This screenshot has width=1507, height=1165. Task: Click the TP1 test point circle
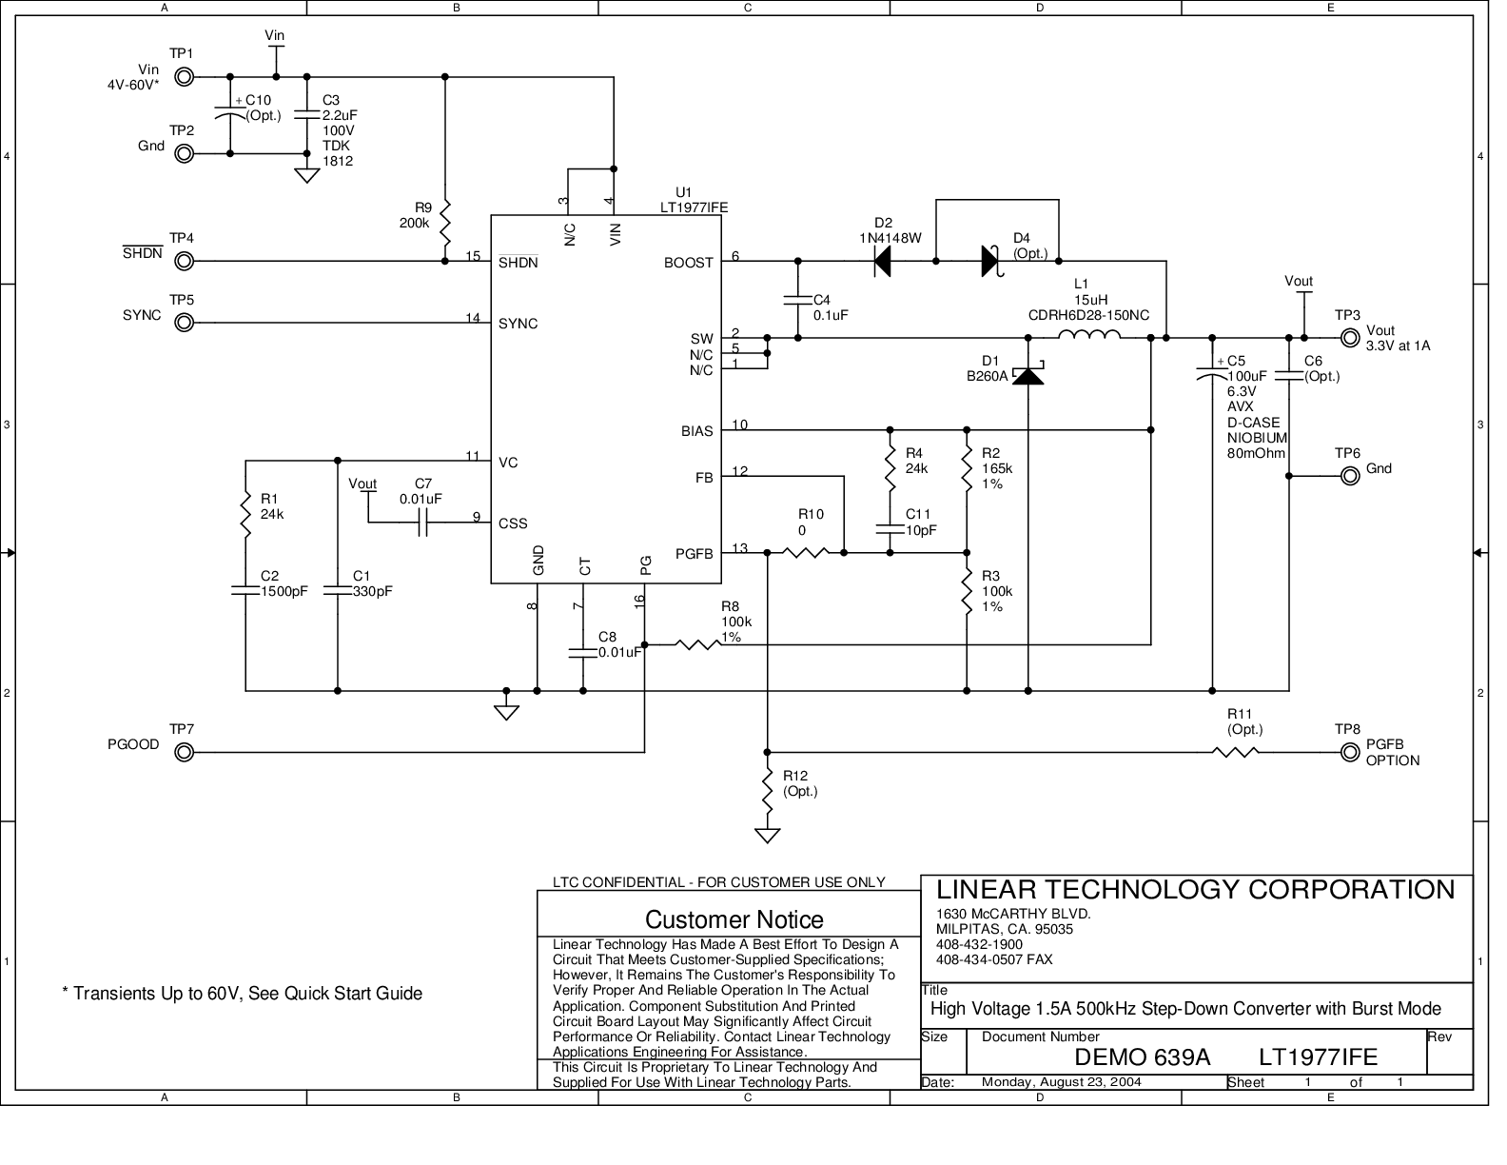click(186, 77)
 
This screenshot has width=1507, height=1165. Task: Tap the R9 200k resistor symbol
click(445, 222)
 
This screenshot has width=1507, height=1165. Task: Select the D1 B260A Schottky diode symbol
click(1027, 375)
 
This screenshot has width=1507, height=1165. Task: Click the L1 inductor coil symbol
click(1089, 335)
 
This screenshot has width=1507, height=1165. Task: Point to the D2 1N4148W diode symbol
click(882, 260)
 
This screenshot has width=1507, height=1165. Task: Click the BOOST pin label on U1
click(688, 263)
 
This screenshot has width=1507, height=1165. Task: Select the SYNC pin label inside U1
click(519, 324)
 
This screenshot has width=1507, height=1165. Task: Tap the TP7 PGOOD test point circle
click(186, 752)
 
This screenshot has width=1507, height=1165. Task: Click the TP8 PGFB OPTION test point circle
click(1349, 752)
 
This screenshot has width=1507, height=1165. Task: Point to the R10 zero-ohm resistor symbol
click(805, 551)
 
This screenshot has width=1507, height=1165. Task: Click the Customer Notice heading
click(734, 919)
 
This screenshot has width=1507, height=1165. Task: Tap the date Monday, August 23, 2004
click(1061, 1081)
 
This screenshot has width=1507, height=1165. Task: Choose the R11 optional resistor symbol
click(1237, 752)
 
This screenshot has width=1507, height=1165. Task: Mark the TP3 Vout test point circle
click(1349, 337)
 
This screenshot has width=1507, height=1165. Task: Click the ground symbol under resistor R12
click(767, 836)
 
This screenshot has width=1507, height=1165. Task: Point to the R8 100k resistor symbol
click(698, 644)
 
